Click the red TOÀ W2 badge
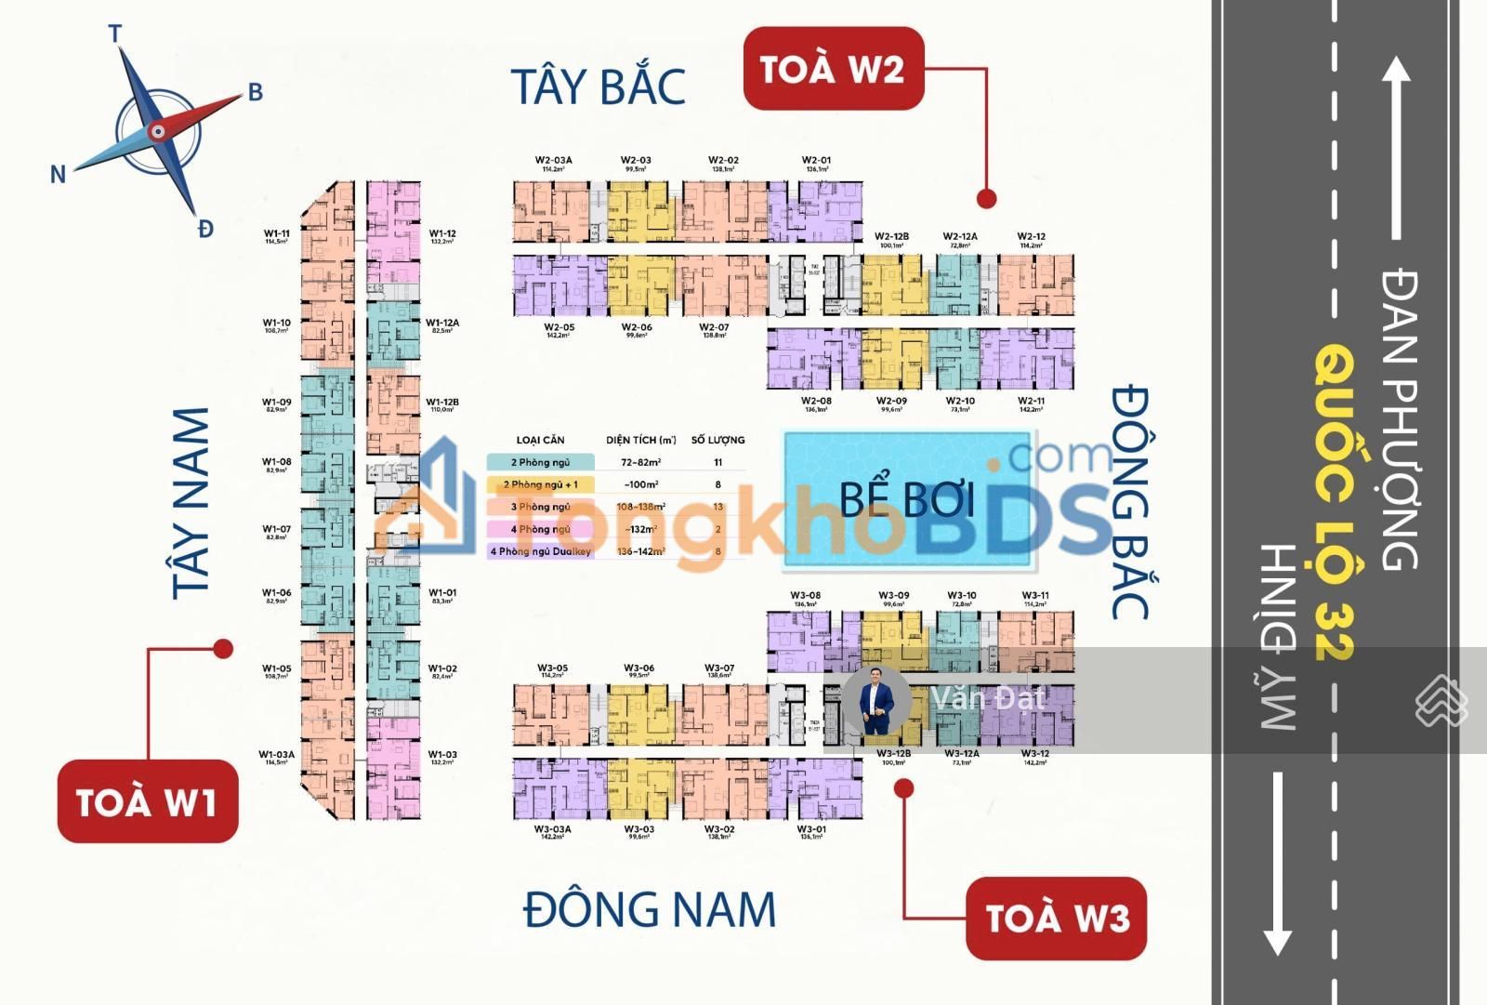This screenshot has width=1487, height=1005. pyautogui.click(x=833, y=69)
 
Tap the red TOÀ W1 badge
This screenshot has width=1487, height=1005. pyautogui.click(x=148, y=801)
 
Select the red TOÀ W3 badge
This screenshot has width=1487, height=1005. pyautogui.click(x=1056, y=918)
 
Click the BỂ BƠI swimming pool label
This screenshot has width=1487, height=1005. pyautogui.click(x=907, y=499)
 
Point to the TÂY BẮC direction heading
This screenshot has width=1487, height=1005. pyautogui.click(x=599, y=86)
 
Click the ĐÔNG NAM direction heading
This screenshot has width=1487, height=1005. pyautogui.click(x=649, y=910)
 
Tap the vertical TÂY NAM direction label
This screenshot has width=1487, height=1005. pyautogui.click(x=191, y=503)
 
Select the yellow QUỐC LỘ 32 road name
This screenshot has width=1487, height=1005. pyautogui.click(x=1336, y=502)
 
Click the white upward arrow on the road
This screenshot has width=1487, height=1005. pyautogui.click(x=1395, y=149)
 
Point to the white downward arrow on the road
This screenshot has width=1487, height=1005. pyautogui.click(x=1277, y=865)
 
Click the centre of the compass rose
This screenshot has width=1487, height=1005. pyautogui.click(x=158, y=132)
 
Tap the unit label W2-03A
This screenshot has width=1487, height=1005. pyautogui.click(x=553, y=161)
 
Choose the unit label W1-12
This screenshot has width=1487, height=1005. pyautogui.click(x=442, y=234)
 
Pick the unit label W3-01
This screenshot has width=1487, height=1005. pyautogui.click(x=811, y=829)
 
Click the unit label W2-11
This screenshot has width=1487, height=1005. pyautogui.click(x=1031, y=402)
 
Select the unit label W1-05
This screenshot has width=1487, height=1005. pyautogui.click(x=276, y=668)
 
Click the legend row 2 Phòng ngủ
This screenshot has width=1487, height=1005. pyautogui.click(x=540, y=462)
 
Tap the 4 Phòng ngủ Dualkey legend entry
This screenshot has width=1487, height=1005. pyautogui.click(x=540, y=551)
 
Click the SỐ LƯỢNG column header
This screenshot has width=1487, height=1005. pyautogui.click(x=717, y=440)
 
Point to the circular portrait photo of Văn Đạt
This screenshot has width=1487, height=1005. pyautogui.click(x=875, y=700)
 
